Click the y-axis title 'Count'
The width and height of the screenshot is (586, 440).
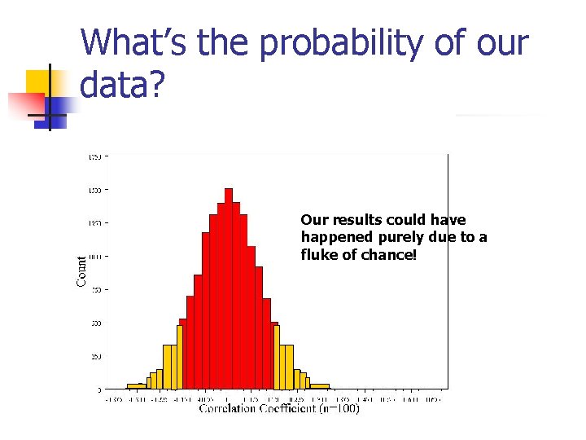coord(81,271)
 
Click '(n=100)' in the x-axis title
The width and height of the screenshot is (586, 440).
coord(339,409)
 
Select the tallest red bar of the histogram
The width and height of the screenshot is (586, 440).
coord(229,288)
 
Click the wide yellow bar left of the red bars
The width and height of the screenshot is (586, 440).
coord(169,366)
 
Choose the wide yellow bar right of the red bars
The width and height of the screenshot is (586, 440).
coord(286,366)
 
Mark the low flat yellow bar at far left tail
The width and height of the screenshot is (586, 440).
coord(134,385)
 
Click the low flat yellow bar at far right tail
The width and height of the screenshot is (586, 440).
coord(320,385)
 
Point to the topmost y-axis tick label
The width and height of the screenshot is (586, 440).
coord(94,156)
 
